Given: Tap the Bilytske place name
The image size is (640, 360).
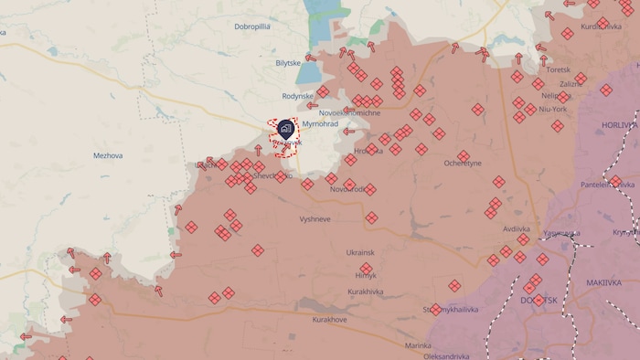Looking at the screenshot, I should (288, 63).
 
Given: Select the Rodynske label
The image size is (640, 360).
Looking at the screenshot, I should (297, 96).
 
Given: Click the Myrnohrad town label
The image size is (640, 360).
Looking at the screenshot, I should (321, 123).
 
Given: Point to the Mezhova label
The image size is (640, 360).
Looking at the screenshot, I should (108, 155).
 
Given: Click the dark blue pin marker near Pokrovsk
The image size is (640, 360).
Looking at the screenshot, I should (285, 129).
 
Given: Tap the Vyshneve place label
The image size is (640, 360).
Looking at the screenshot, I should (315, 219).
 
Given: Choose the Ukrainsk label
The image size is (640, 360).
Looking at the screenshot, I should (360, 252).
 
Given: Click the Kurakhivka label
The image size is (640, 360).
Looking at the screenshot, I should (367, 291).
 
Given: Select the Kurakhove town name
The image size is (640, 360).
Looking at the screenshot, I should (330, 320).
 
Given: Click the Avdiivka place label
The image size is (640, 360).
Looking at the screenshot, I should (516, 228).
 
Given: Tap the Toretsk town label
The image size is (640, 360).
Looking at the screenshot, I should (557, 69).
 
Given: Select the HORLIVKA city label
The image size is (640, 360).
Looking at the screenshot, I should (620, 124).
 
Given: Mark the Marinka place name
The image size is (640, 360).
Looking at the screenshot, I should (418, 345).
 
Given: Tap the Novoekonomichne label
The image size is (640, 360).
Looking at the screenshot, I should (350, 112).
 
